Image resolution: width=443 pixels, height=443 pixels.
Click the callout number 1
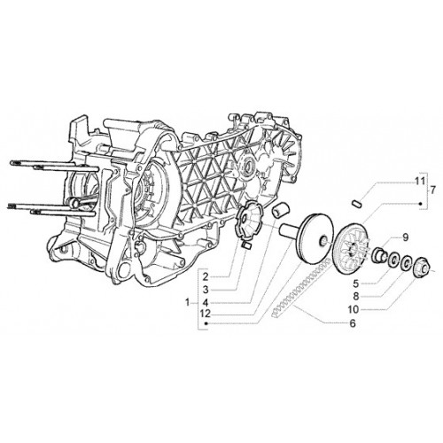[x=187, y=302]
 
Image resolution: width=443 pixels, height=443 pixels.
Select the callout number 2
[x=206, y=277]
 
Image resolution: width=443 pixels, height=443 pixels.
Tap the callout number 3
[x=206, y=290]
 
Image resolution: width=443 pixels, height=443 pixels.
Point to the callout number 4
[x=206, y=302]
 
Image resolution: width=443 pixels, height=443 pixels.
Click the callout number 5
[x=356, y=284]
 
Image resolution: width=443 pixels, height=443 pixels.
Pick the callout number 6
[x=353, y=323]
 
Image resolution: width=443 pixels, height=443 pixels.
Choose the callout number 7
[x=432, y=190]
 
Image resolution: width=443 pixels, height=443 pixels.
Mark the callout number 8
[x=356, y=296]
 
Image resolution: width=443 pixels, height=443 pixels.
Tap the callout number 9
[x=405, y=237]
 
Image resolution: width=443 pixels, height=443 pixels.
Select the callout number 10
[x=354, y=309]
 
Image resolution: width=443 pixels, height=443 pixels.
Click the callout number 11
[x=419, y=181]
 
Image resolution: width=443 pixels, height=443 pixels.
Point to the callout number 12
[x=205, y=314]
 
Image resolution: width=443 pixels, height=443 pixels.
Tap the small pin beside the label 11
[x=358, y=203]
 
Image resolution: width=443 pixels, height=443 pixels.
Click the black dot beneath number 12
[x=206, y=323]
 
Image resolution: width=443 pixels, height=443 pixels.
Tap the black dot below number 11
[x=420, y=203]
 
